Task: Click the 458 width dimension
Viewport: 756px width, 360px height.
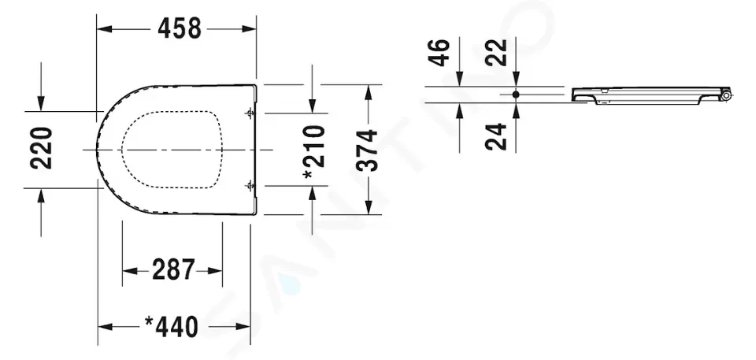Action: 179,28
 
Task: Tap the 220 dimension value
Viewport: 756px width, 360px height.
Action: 42,148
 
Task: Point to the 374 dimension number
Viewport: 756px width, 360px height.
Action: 367,150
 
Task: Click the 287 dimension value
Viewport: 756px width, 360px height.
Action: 173,269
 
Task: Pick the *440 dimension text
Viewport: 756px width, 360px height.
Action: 172,327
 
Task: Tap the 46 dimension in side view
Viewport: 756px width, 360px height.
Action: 439,53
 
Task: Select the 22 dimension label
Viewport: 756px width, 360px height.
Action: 496,53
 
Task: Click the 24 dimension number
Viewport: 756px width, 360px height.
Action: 496,136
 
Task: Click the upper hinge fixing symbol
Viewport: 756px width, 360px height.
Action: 250,114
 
